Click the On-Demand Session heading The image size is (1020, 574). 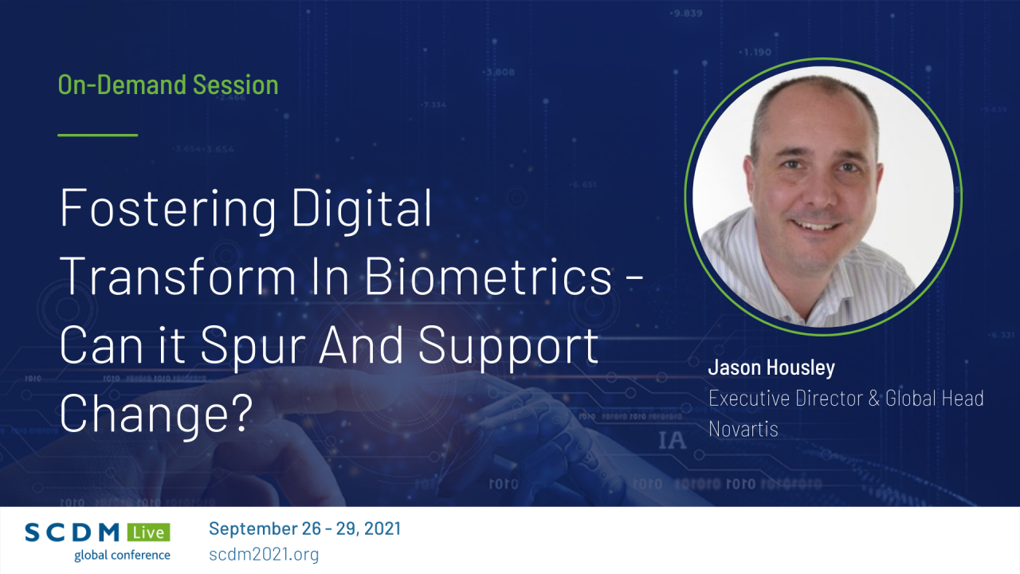click(168, 85)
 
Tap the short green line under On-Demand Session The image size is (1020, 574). click(98, 135)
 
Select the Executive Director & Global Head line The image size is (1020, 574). click(845, 398)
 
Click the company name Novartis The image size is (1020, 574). click(743, 428)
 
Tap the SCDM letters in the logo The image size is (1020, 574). click(73, 533)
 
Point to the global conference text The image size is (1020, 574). click(122, 555)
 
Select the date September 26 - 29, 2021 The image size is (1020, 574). click(304, 529)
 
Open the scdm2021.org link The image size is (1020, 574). click(264, 554)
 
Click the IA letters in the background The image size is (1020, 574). click(672, 440)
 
